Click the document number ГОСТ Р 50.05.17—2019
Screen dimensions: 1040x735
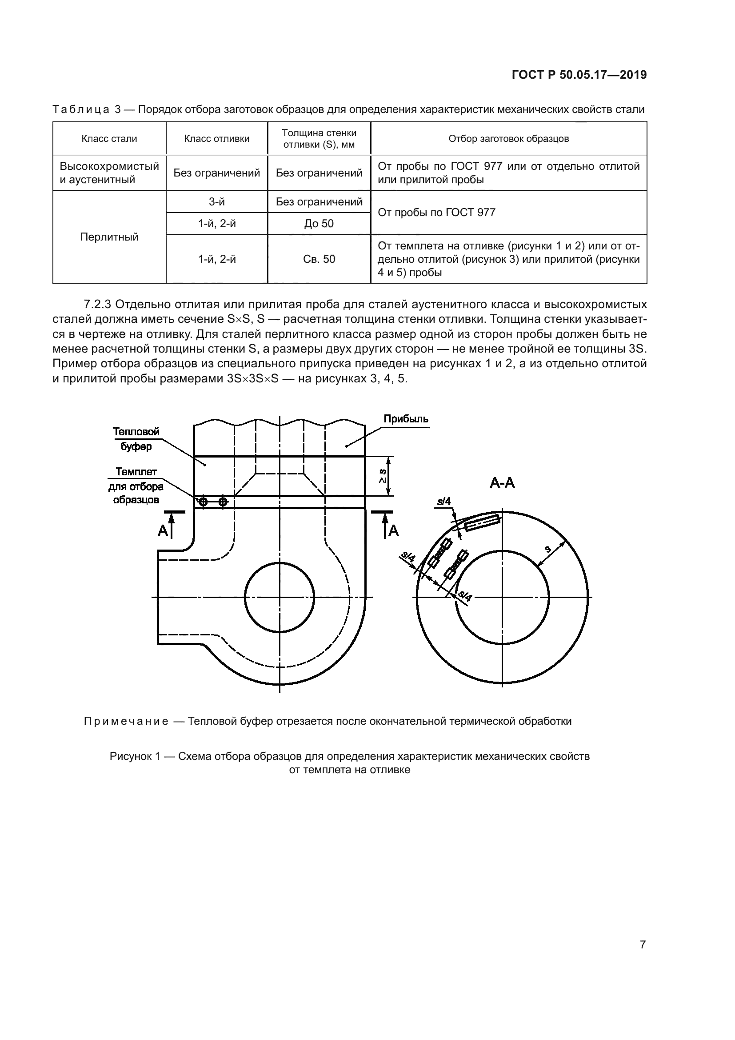(x=579, y=75)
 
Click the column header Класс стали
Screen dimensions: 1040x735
(x=109, y=139)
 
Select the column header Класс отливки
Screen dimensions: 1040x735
(x=217, y=139)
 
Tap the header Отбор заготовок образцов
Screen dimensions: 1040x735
(x=509, y=139)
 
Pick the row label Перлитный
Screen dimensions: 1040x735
(x=109, y=237)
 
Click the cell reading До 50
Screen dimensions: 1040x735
(x=319, y=223)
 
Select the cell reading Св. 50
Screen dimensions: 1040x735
(x=319, y=259)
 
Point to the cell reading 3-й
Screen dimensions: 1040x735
(x=217, y=201)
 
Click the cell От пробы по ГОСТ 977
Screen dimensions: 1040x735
(x=436, y=213)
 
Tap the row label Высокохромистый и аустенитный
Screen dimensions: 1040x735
(x=109, y=173)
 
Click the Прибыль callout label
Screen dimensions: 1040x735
(x=406, y=419)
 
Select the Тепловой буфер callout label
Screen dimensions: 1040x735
(x=136, y=439)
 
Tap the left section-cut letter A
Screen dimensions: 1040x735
(x=163, y=530)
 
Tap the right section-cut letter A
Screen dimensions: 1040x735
(x=394, y=530)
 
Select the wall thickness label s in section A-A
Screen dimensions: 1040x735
(x=548, y=550)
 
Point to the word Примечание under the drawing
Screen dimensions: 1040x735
(x=126, y=721)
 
